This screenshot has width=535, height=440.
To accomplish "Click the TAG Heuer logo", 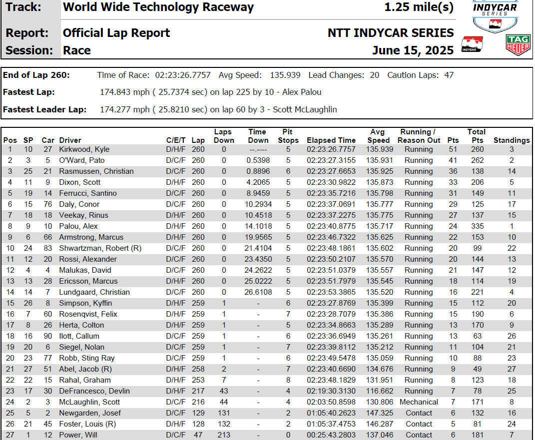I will click(518, 44).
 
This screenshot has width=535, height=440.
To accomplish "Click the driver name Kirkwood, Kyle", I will click(84, 149).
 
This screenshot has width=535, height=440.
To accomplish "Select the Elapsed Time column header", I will click(331, 140).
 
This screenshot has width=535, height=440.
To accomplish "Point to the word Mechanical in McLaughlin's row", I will click(419, 402).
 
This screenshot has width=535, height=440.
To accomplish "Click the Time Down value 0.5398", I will click(258, 160).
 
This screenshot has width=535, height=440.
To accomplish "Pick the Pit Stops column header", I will click(288, 136).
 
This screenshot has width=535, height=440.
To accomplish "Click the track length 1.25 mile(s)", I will click(419, 7).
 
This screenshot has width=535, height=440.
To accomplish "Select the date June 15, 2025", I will click(413, 50).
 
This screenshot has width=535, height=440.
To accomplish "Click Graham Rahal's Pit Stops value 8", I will click(288, 380).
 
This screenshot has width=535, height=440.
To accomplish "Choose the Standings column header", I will click(512, 140).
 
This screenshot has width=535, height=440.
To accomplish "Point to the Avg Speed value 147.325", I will click(378, 413).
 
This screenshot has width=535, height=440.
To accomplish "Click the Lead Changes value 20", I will click(374, 75).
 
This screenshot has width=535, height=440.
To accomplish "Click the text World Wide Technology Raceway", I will click(158, 7).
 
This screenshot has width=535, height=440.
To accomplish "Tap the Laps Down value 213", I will click(224, 435).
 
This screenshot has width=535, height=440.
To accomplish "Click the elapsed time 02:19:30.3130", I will click(331, 391).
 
